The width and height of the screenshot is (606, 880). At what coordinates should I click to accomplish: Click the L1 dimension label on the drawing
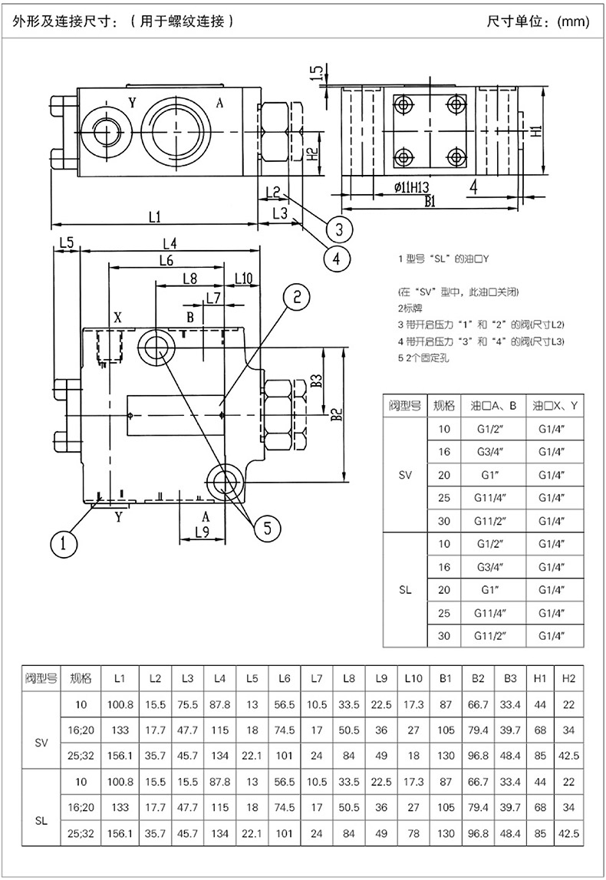pos(154,216)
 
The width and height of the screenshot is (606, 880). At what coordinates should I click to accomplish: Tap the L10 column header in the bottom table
pos(413,678)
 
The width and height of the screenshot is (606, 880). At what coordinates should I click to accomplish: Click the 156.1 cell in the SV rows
pos(120,756)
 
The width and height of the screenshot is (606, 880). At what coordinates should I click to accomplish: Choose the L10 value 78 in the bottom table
pos(413,833)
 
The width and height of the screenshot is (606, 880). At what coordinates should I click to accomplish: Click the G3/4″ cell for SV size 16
pos(491,452)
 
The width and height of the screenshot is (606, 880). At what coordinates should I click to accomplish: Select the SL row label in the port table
pos(404,590)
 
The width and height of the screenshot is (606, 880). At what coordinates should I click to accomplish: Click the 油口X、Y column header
pos(555,405)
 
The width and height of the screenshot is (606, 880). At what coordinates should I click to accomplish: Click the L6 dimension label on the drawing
pos(166,260)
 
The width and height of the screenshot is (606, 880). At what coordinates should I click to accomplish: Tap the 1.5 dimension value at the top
pos(317,73)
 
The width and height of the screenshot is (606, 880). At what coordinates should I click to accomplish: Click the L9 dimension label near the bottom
pos(202,532)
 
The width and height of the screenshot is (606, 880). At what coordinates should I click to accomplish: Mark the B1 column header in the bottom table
pos(446,678)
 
